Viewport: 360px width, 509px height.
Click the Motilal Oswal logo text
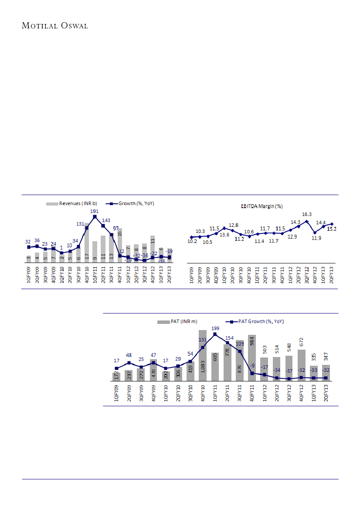55,25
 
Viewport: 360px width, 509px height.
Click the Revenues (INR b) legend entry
72,203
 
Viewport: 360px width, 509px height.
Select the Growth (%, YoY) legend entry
132,203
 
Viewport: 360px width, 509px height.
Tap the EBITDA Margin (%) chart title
262,206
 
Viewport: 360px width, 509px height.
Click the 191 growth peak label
95,211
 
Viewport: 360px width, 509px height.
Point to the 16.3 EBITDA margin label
307,214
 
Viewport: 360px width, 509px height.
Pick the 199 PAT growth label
215,328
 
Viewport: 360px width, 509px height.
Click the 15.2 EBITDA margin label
332,229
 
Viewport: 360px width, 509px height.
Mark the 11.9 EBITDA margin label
315,238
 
